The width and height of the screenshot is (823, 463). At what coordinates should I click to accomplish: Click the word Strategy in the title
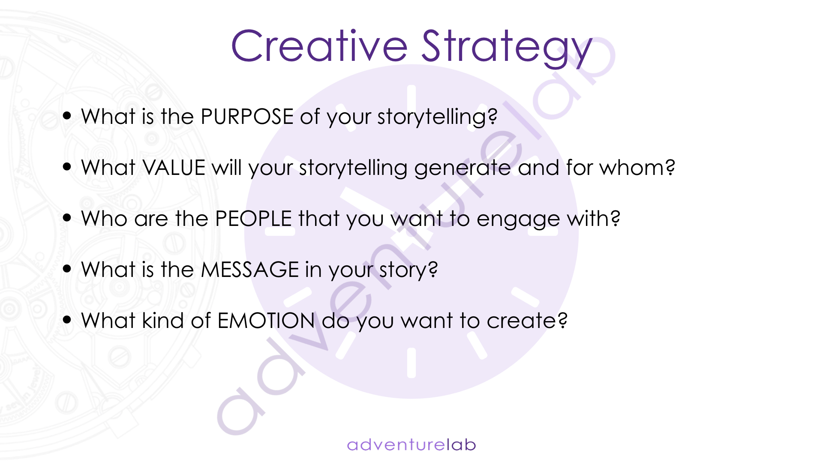[x=507, y=48]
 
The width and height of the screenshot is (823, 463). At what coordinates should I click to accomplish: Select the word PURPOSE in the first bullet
[x=247, y=117]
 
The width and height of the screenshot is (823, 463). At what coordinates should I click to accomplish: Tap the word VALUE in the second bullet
[x=174, y=168]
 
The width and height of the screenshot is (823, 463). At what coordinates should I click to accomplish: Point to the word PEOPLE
[x=253, y=219]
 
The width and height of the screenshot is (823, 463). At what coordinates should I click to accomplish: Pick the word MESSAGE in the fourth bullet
[x=250, y=270]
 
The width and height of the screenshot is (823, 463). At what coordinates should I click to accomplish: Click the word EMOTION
[x=266, y=321]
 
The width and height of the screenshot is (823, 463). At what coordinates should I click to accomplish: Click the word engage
[x=518, y=220]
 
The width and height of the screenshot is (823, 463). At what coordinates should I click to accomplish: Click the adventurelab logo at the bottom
[x=411, y=445]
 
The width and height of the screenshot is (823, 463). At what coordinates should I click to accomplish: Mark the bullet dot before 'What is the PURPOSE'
[x=67, y=115]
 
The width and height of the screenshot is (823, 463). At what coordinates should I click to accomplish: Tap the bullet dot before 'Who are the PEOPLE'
[x=67, y=217]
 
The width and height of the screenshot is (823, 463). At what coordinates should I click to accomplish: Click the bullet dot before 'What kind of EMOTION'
[x=67, y=319]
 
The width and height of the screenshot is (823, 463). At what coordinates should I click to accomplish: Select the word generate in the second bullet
[x=463, y=169]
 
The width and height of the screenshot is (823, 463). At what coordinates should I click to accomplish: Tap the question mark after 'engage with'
[x=616, y=218]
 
